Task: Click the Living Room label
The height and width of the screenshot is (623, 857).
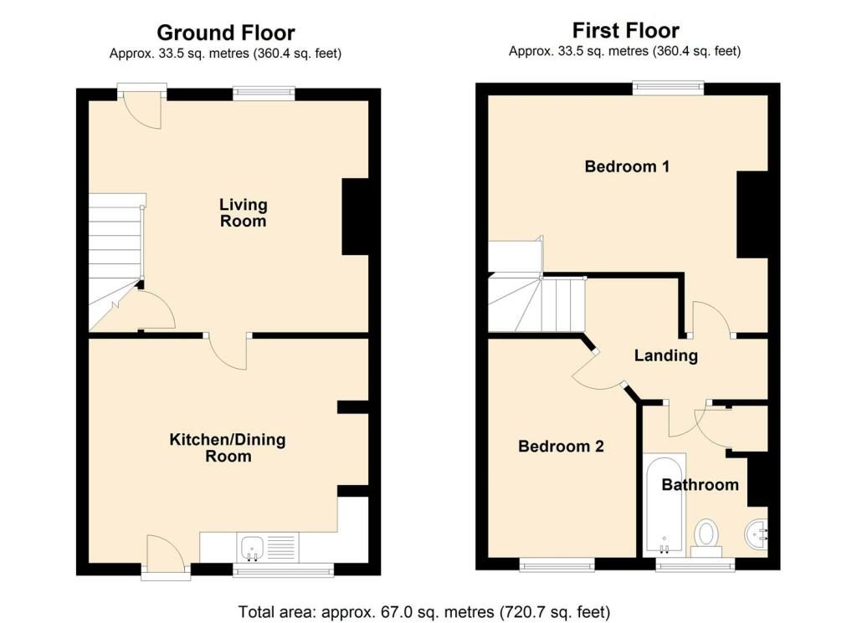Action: coord(244,213)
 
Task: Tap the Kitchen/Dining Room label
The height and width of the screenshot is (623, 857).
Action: coord(228,447)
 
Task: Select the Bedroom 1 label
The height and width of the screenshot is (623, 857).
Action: coord(627,166)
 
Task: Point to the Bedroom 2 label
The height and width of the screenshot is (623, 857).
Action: coord(561,446)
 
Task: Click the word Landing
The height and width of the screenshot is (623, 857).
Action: coord(665,355)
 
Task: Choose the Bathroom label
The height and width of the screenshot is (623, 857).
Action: coord(700,484)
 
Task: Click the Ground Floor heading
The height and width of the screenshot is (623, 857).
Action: coord(226,33)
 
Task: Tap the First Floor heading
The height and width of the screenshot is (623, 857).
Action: coord(626,30)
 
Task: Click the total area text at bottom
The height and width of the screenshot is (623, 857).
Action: coord(424,611)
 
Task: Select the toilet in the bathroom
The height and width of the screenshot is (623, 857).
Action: coord(706,538)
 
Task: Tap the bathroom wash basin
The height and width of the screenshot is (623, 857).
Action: coord(757,534)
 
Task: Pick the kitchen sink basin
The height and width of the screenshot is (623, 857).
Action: coord(253,548)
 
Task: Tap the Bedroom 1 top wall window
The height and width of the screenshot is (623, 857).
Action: coord(669,88)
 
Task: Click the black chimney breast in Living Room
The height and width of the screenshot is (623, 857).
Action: coord(355,217)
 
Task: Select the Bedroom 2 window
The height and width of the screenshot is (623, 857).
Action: coord(557,564)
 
